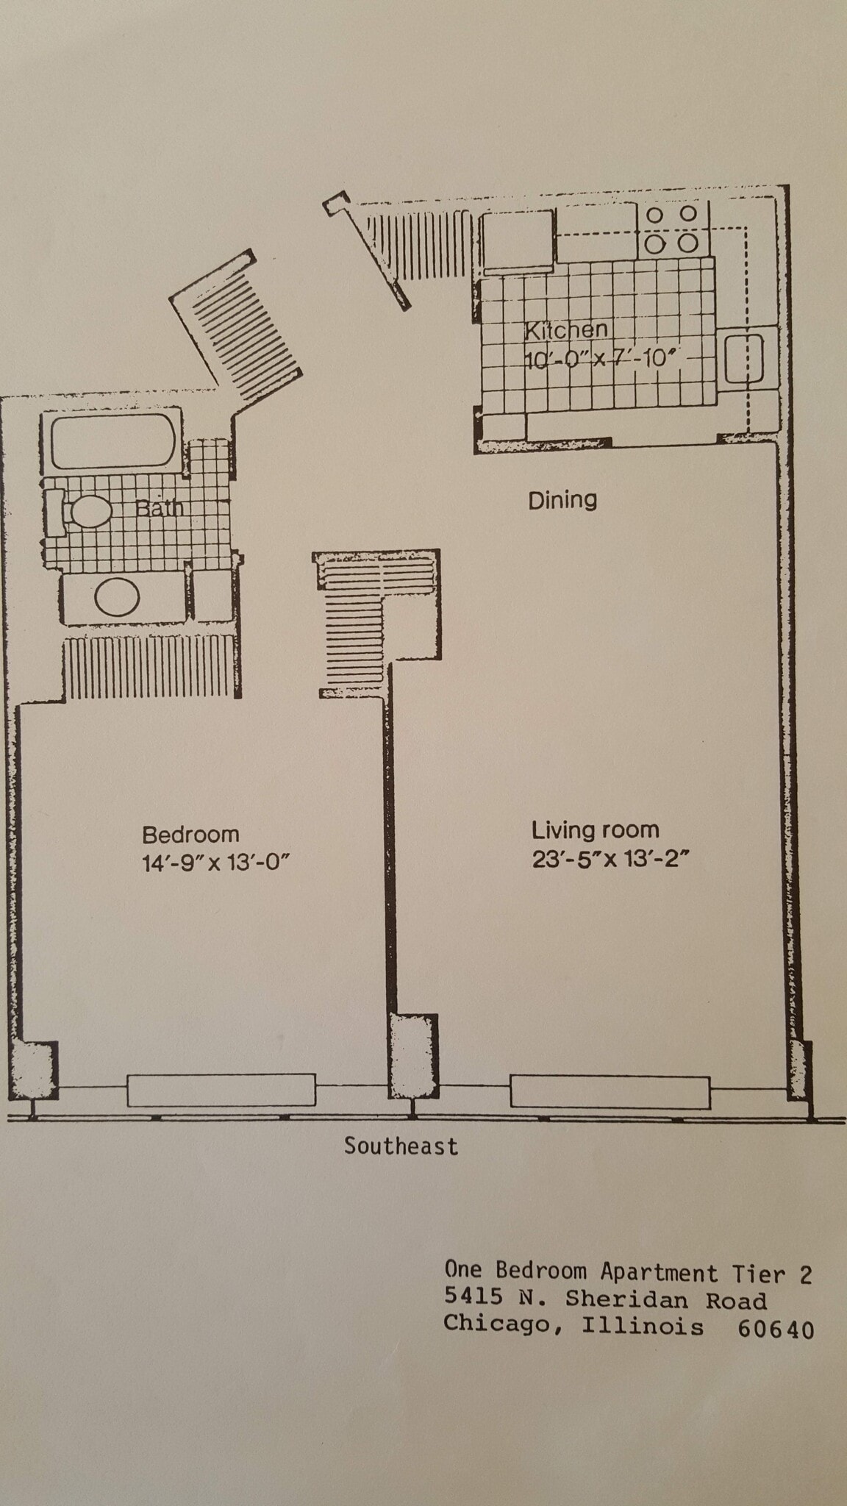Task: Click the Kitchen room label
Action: [x=565, y=331]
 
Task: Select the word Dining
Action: [x=562, y=501]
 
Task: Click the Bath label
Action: [x=158, y=507]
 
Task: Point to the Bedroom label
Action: [x=190, y=835]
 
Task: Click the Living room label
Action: [x=595, y=830]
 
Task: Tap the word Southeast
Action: [x=401, y=1146]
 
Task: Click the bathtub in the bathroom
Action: [x=113, y=441]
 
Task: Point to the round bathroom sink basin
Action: [x=117, y=597]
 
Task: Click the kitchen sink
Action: [x=744, y=359]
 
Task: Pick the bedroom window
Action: [x=221, y=1090]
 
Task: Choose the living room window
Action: [x=610, y=1092]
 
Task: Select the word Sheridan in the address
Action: [x=627, y=1300]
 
